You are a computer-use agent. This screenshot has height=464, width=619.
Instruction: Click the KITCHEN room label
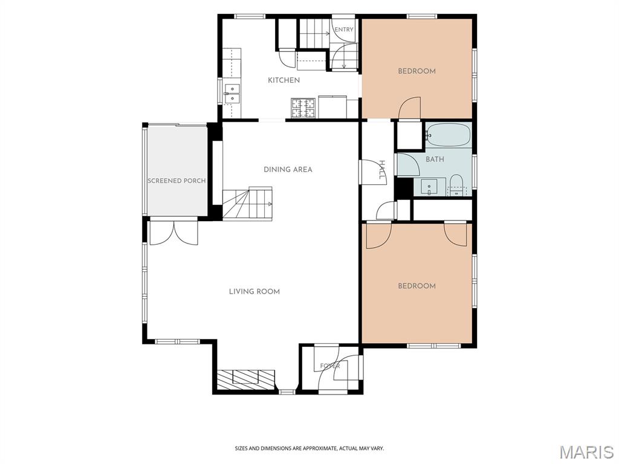(284, 80)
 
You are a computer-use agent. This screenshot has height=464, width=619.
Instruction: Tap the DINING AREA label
(288, 169)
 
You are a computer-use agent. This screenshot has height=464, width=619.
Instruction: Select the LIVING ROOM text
(254, 292)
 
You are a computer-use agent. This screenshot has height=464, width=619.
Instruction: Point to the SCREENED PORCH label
(177, 181)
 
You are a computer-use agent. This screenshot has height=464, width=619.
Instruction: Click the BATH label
(435, 159)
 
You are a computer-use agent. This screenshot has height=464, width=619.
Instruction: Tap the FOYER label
(329, 366)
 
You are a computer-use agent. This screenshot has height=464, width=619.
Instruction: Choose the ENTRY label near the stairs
(344, 30)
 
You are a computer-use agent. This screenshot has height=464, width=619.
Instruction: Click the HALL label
(382, 170)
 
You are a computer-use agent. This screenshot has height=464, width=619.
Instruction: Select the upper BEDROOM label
(417, 71)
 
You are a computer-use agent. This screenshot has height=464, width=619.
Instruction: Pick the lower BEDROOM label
(417, 286)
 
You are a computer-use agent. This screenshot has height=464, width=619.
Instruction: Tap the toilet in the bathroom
(456, 185)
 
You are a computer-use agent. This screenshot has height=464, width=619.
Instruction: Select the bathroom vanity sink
(429, 186)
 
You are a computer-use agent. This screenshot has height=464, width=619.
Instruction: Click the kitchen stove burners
(303, 108)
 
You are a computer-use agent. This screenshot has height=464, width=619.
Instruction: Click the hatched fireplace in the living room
(245, 379)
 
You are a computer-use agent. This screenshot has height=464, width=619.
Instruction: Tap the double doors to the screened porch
(173, 232)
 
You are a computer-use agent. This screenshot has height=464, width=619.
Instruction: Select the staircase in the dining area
(248, 203)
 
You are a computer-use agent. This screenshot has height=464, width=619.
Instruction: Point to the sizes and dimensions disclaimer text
(309, 449)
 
